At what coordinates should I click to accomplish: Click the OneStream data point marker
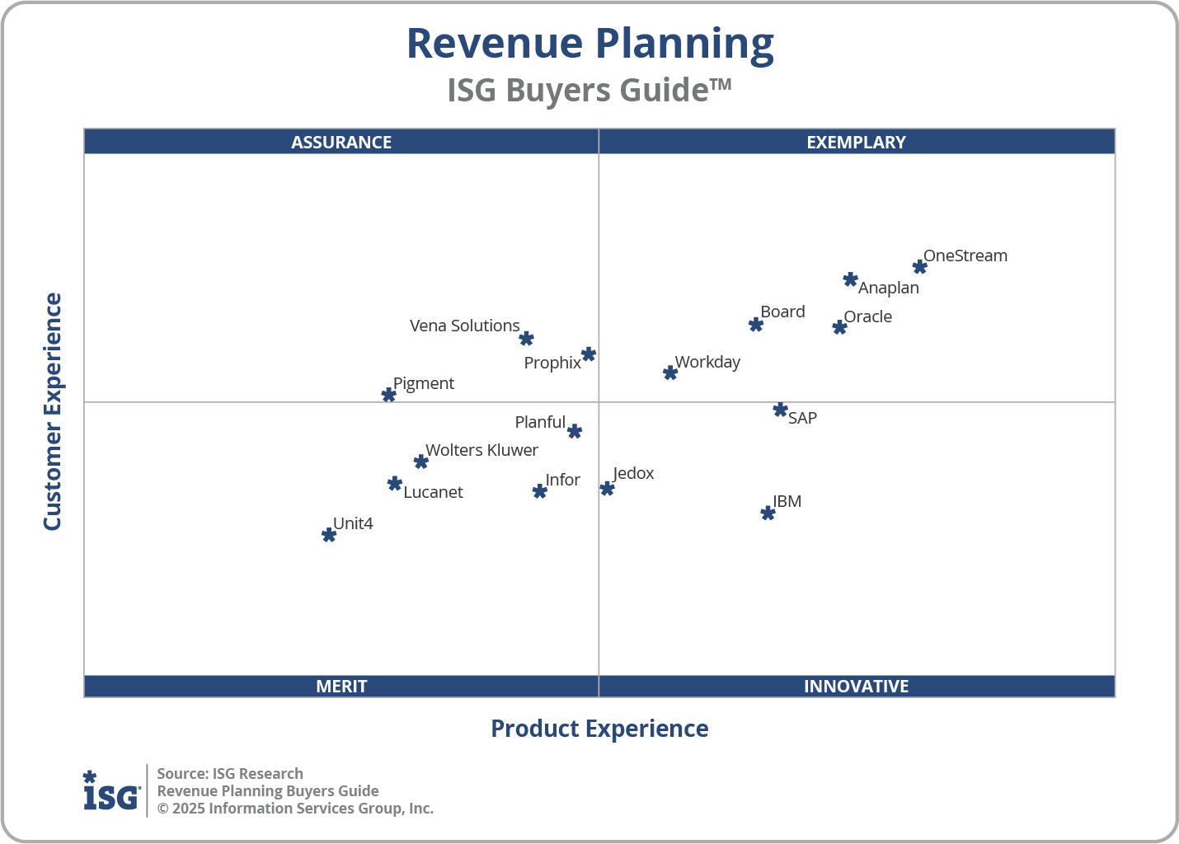click(x=919, y=266)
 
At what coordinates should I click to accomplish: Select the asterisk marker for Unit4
click(x=328, y=535)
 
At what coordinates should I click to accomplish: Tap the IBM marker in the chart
click(x=768, y=513)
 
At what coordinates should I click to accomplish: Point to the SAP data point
click(x=780, y=410)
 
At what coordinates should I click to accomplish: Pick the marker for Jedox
click(x=607, y=489)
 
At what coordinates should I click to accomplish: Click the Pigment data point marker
click(x=388, y=395)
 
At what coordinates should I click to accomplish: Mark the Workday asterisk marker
click(x=670, y=373)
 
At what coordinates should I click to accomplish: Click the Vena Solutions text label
click(x=464, y=326)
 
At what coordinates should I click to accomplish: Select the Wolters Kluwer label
click(x=481, y=450)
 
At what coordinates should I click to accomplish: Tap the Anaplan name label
click(x=888, y=288)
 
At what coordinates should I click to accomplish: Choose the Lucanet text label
click(x=433, y=492)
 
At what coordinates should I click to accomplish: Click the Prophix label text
click(x=552, y=363)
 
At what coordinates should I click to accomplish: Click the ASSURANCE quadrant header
click(x=341, y=142)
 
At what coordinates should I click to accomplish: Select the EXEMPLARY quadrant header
click(x=856, y=142)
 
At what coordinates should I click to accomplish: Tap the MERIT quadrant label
click(x=341, y=686)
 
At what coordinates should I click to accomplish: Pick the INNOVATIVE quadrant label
click(x=856, y=686)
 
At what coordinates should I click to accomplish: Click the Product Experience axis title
click(x=599, y=729)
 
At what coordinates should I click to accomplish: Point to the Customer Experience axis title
click(x=53, y=411)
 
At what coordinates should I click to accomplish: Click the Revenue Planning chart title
click(x=589, y=44)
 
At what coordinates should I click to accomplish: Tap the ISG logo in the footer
click(x=111, y=791)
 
